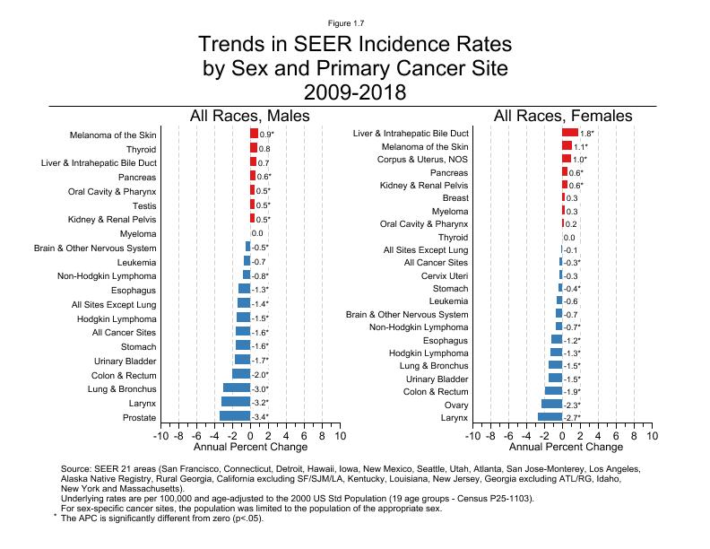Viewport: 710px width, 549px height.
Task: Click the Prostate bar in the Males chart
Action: point(235,416)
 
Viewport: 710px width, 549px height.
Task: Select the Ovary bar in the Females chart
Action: point(551,405)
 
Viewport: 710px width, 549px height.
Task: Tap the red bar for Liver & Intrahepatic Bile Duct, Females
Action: point(570,133)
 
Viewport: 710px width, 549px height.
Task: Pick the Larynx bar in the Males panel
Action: point(236,403)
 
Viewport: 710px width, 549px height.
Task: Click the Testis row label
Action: point(143,205)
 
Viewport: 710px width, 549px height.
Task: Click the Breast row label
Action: point(455,197)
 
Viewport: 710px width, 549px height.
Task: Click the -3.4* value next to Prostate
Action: point(260,417)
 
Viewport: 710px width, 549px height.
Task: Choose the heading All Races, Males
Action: point(249,116)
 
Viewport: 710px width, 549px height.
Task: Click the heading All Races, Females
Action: point(562,116)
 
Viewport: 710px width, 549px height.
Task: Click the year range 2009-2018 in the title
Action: point(354,91)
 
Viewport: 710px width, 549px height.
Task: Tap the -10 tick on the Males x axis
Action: point(160,436)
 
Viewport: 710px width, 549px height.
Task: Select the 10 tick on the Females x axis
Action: point(652,436)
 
